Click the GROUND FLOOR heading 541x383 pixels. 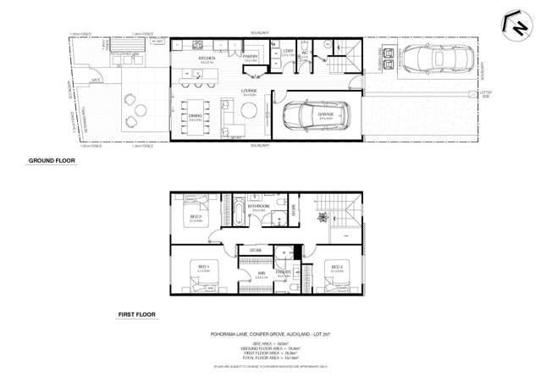(52, 160)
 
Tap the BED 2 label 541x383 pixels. (195, 218)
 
